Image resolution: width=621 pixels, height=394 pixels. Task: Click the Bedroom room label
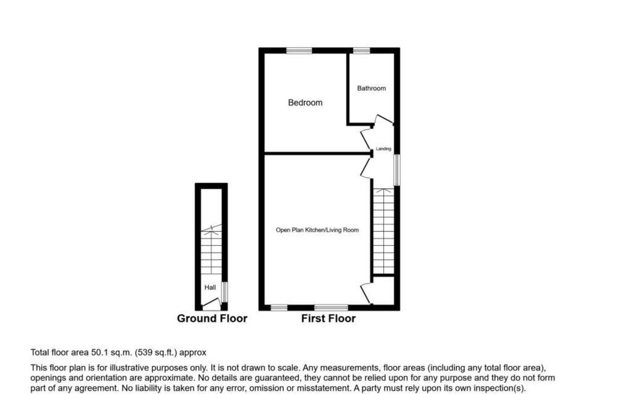coord(305,103)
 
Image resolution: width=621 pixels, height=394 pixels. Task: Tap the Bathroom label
coord(371,88)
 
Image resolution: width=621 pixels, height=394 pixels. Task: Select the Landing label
coord(383,149)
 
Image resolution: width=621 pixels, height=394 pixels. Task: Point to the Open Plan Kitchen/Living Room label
coord(317,230)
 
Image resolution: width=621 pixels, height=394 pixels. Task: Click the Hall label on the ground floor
coord(210,288)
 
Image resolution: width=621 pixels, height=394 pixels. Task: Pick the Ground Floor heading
coord(212,319)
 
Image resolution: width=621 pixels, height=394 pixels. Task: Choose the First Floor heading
coord(328,319)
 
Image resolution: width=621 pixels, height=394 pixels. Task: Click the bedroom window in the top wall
coord(299,50)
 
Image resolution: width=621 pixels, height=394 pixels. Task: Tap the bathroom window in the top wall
coord(361,50)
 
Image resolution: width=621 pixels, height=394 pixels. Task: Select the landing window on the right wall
coord(397,170)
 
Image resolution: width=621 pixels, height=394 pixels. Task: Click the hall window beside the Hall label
coord(225,292)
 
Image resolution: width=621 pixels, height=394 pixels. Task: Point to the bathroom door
coord(383,119)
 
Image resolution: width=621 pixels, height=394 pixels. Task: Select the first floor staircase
coord(383,231)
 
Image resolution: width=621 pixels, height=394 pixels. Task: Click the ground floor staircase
coord(211,250)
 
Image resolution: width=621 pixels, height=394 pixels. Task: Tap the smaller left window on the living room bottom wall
coord(279,308)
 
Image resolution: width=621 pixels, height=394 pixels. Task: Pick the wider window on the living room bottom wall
coord(331,308)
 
